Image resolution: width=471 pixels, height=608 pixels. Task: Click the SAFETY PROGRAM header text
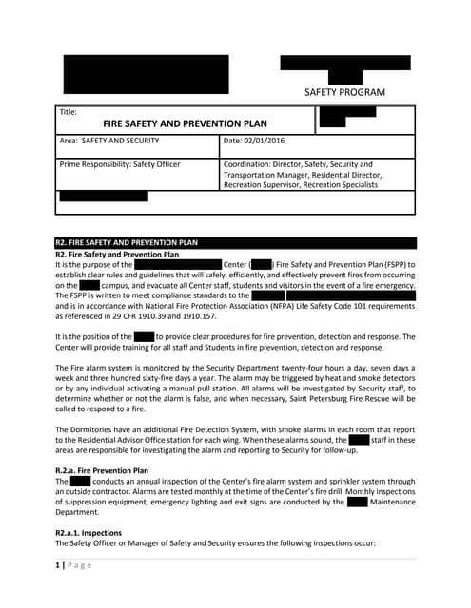tap(344, 92)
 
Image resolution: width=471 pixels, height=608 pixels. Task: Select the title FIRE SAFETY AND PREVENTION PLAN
tap(186, 123)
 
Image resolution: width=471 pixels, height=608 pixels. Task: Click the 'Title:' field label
tap(68, 112)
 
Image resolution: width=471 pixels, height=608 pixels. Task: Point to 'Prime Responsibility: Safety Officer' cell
tap(120, 164)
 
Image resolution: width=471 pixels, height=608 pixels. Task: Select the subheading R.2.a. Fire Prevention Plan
tap(102, 470)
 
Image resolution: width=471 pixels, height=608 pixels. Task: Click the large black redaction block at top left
tap(146, 74)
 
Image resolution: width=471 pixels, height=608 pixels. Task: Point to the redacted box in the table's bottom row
tap(104, 197)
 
